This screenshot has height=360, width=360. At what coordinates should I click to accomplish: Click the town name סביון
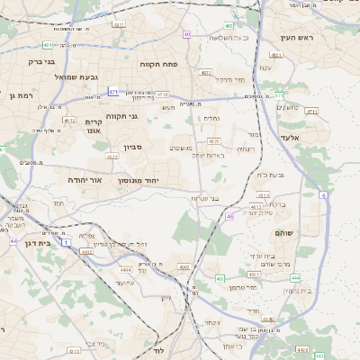coord(121,146)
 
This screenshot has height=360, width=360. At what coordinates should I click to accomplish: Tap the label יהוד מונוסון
coord(139,180)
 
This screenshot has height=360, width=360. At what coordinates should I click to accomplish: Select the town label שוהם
coord(309,232)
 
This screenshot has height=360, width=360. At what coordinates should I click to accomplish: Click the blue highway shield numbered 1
coord(66,242)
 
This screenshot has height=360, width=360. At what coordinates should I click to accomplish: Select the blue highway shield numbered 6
coord(322,194)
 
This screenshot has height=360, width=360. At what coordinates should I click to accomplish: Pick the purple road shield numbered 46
coord(230,217)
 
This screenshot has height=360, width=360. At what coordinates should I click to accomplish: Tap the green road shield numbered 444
coord(294,277)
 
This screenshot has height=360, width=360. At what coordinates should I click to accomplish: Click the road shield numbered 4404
coord(125,269)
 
